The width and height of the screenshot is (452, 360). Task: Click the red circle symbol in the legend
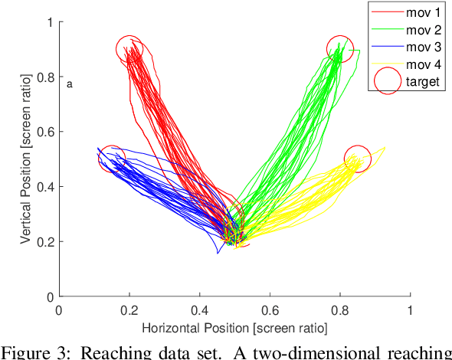[388, 81]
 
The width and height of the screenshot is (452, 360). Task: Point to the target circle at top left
[130, 50]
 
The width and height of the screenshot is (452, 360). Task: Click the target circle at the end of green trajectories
[340, 50]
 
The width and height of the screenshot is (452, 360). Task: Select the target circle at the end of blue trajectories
[112, 159]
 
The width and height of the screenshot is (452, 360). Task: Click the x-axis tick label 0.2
[129, 311]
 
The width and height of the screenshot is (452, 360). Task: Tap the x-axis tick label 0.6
[270, 311]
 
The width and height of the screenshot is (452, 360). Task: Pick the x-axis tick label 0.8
[340, 311]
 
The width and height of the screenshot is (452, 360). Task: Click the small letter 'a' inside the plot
[70, 84]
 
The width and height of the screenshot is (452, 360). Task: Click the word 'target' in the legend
[423, 81]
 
